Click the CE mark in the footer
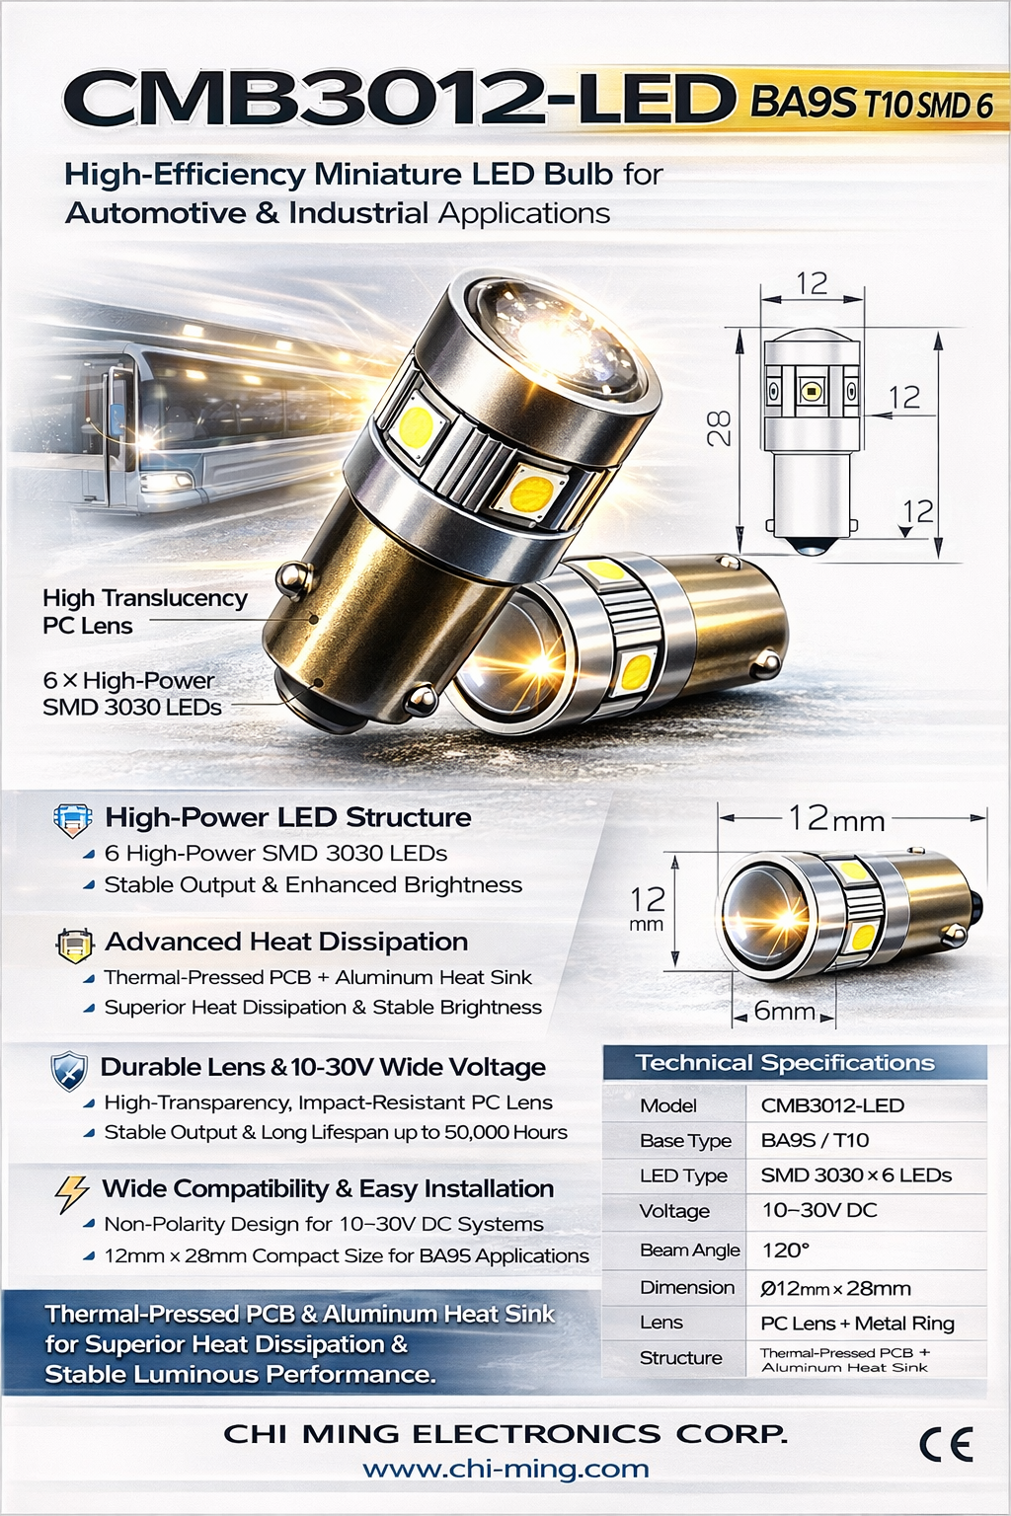946,1445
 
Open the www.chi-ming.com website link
505,1469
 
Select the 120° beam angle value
786,1251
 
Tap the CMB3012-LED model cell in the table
832,1105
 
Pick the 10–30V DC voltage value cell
818,1210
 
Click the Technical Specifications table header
785,1063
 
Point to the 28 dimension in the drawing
720,428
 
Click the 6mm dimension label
784,1012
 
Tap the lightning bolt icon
71,1192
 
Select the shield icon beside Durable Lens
69,1071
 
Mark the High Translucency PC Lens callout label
144,611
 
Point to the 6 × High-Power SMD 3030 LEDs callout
131,694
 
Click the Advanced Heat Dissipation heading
286,942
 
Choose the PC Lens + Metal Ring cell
857,1323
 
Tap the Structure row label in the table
680,1358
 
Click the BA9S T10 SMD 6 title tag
871,103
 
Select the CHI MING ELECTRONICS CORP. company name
505,1433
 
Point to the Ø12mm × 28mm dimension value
835,1288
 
